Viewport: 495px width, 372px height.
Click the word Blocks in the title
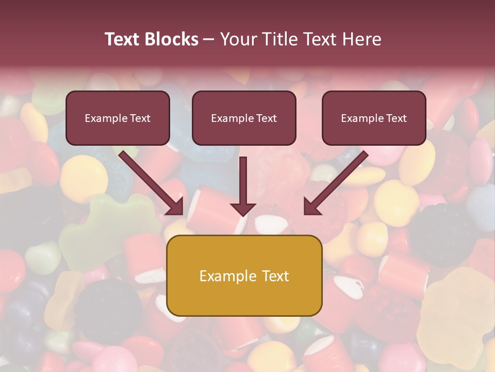point(172,39)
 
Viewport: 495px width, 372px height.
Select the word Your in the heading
point(237,39)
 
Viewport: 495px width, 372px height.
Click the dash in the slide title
point(209,40)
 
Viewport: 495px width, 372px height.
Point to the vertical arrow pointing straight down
point(243,181)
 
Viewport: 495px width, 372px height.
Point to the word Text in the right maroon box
point(396,118)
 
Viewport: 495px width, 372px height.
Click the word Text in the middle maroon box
point(266,118)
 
